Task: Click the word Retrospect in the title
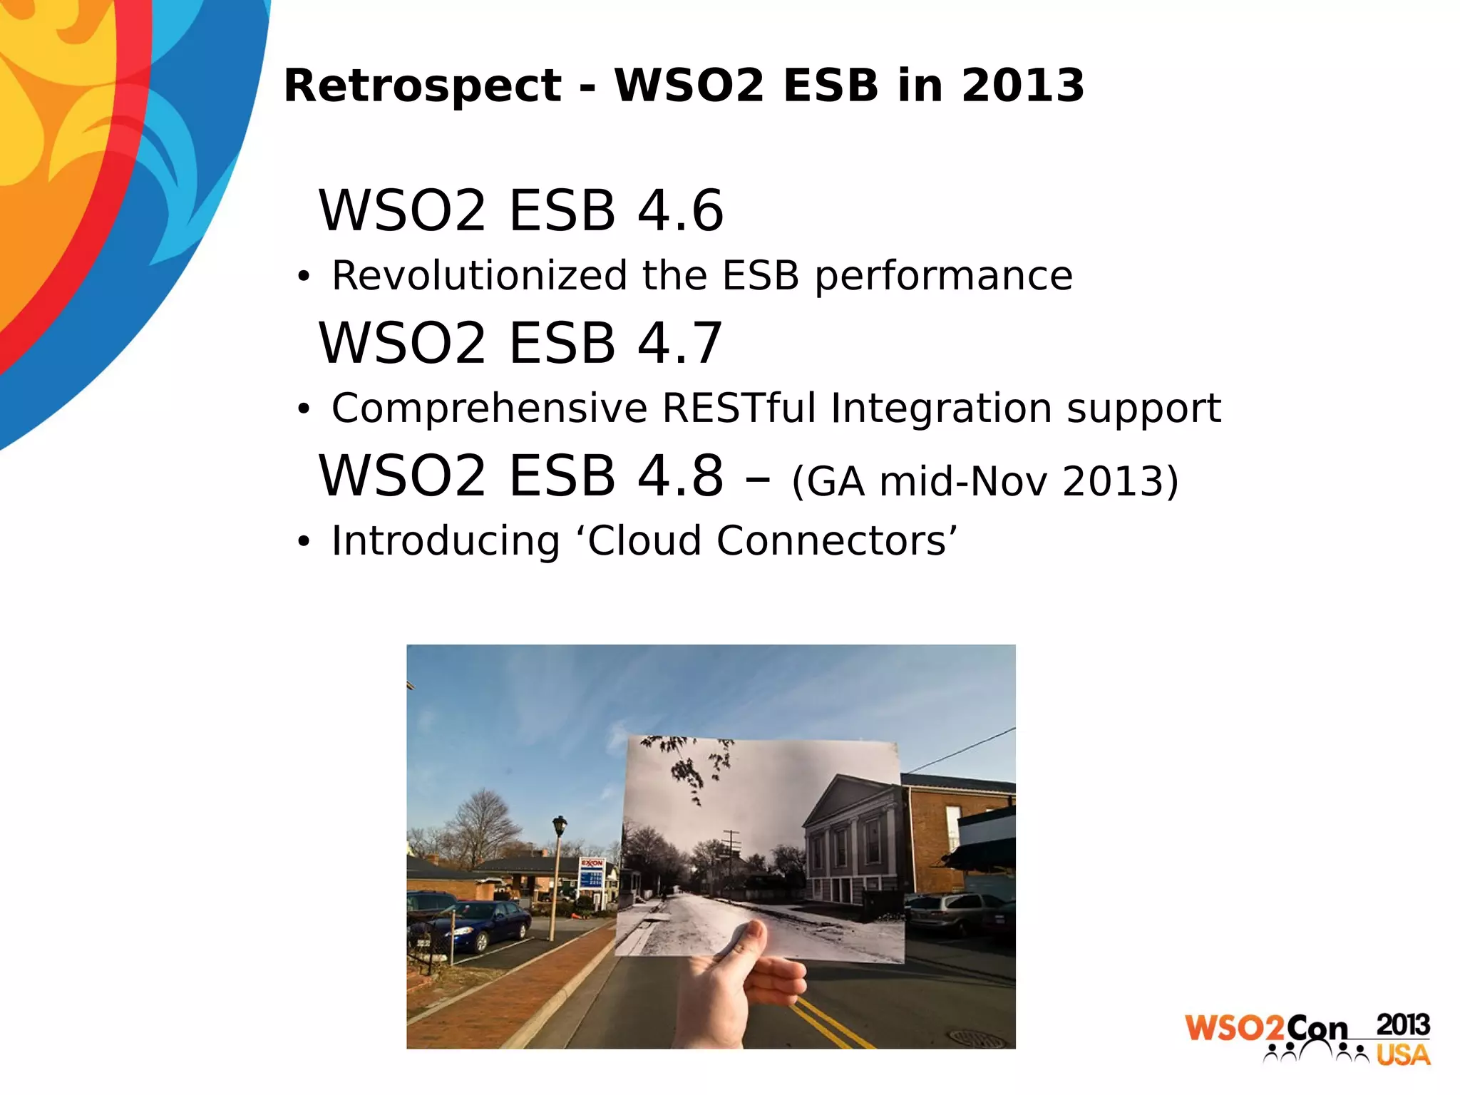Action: [x=423, y=86]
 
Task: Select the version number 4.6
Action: [x=680, y=211]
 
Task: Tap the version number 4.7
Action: [x=680, y=344]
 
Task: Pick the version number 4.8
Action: [x=680, y=476]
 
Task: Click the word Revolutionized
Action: [x=479, y=277]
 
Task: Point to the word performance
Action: [x=943, y=277]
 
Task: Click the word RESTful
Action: [x=739, y=408]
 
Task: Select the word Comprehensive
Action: [x=489, y=408]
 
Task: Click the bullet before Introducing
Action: [x=304, y=543]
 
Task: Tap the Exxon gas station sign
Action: [x=592, y=873]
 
